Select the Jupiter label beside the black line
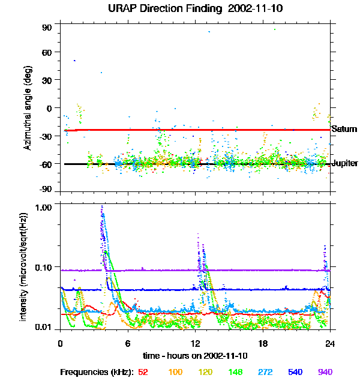pos(345,163)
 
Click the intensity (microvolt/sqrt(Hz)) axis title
pos(24,266)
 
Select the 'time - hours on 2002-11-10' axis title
pos(196,356)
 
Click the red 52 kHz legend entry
pos(143,372)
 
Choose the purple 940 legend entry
pos(325,372)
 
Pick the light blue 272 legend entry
pos(265,372)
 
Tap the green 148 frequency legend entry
pos(235,372)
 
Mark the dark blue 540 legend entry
pos(295,372)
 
